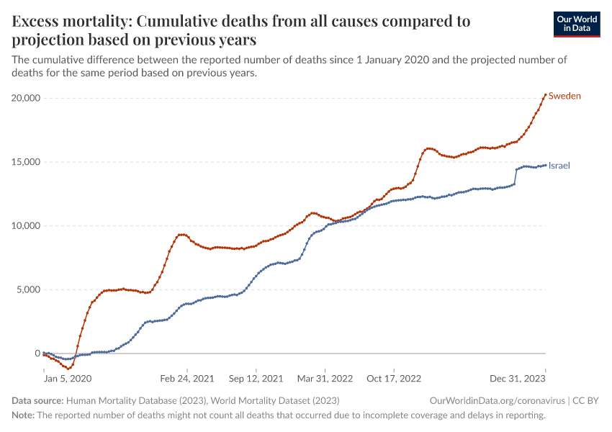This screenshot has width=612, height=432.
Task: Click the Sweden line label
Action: pyautogui.click(x=564, y=96)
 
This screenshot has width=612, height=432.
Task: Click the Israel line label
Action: pyautogui.click(x=559, y=166)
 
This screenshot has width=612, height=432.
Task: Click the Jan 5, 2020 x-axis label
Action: pyautogui.click(x=68, y=377)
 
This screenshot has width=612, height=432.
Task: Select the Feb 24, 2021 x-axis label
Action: pyautogui.click(x=187, y=377)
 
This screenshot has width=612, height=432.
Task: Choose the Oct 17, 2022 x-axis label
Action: pyautogui.click(x=393, y=377)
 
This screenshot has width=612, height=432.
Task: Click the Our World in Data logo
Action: pyautogui.click(x=576, y=24)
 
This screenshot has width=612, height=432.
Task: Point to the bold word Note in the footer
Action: pyautogui.click(x=22, y=415)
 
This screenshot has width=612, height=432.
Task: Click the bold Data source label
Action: pyautogui.click(x=37, y=400)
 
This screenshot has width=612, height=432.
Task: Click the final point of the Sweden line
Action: pyautogui.click(x=545, y=94)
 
